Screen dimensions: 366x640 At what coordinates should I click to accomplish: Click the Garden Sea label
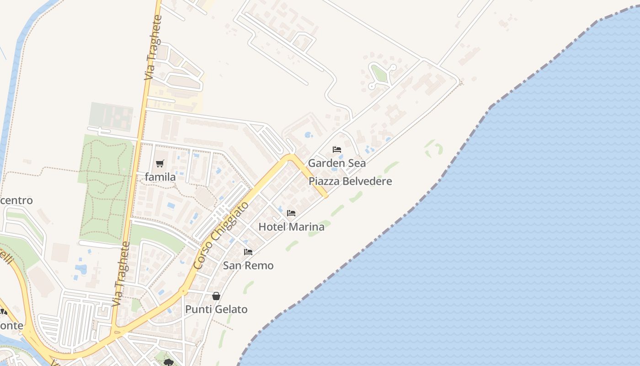[x=336, y=163]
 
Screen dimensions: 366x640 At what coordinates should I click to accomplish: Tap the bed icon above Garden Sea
[x=337, y=150]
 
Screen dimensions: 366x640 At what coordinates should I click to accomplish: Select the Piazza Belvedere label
[x=350, y=181]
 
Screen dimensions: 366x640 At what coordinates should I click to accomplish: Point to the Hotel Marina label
[x=291, y=226]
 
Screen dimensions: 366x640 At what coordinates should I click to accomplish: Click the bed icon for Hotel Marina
[x=291, y=213]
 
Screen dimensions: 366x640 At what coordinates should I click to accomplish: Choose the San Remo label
[x=248, y=265]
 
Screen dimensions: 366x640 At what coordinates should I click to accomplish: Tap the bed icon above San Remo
[x=248, y=252]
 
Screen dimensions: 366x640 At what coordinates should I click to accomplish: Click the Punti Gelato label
[x=216, y=309]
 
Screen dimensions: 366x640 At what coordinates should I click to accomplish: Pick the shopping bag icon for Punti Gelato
[x=216, y=296]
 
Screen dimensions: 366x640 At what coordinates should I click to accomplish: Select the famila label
[x=160, y=177]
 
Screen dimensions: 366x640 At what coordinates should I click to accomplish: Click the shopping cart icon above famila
[x=160, y=163]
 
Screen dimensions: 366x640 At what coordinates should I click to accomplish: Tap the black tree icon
[x=169, y=362]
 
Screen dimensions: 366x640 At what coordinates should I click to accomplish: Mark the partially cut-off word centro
[x=16, y=200]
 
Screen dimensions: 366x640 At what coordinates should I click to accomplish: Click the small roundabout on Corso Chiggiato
[x=184, y=291]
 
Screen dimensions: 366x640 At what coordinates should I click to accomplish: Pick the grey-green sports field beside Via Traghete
[x=111, y=116]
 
